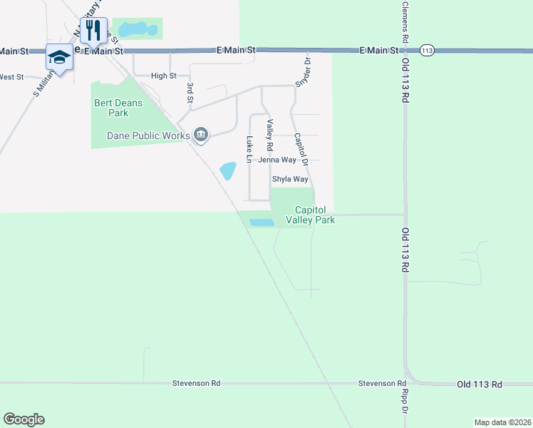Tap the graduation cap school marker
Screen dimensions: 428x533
[x=60, y=57]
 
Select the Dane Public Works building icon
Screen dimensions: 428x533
[x=201, y=135]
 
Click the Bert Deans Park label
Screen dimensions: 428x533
[x=118, y=108]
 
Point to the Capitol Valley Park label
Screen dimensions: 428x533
[x=310, y=215]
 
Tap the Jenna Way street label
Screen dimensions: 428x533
[x=277, y=160]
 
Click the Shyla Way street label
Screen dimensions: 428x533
[x=290, y=180]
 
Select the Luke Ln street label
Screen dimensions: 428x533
[x=249, y=149]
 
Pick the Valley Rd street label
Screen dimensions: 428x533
[x=270, y=135]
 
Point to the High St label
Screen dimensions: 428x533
[x=164, y=76]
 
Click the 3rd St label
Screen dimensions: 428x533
[x=190, y=93]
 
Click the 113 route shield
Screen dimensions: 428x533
[x=427, y=51]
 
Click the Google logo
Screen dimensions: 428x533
[x=24, y=419]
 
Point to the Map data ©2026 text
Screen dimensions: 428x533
[x=502, y=422]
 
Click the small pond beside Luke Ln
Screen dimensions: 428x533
[x=228, y=171]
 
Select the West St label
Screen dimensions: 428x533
[x=11, y=77]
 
